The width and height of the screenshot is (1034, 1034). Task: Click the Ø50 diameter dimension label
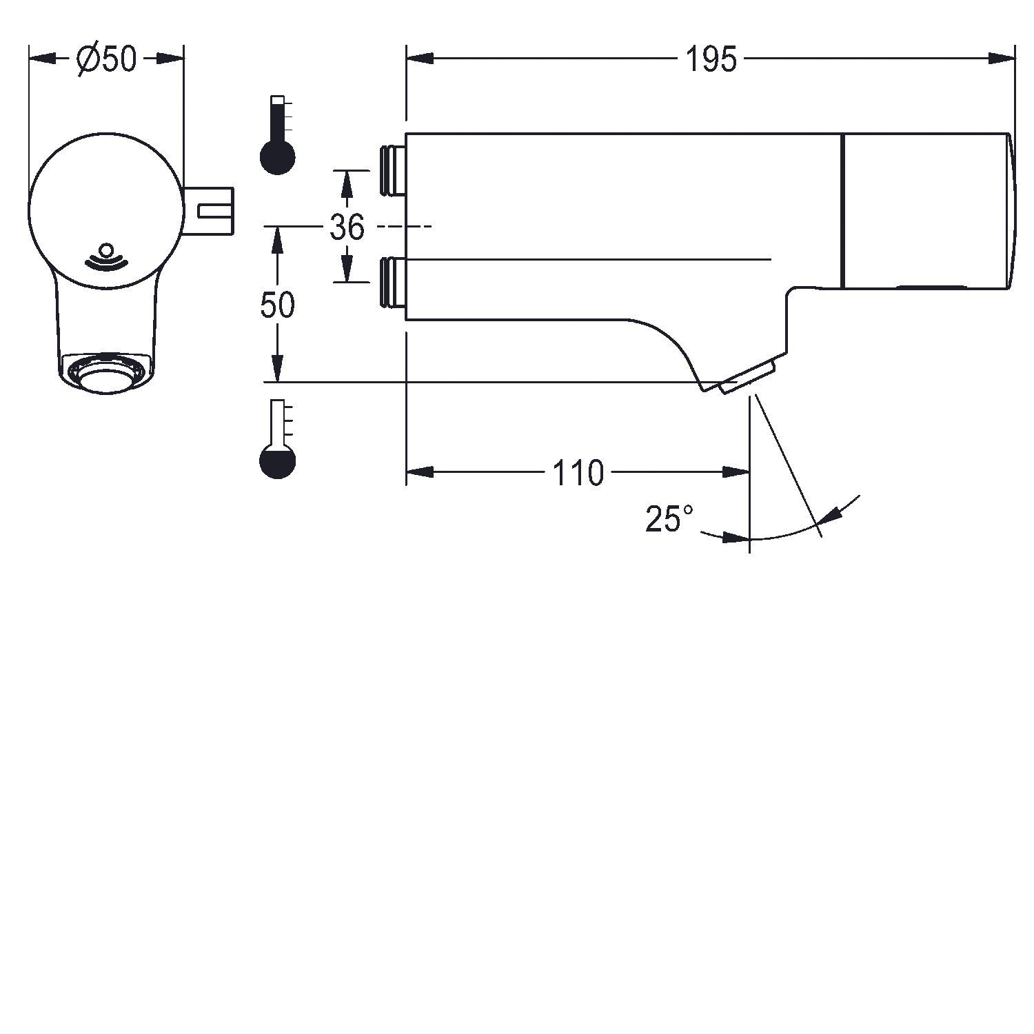107,59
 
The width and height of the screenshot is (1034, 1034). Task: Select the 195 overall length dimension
711,60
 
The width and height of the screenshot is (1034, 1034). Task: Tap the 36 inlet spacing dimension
347,226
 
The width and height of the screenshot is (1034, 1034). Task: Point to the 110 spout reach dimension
578,473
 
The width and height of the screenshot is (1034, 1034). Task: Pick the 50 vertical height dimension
277,305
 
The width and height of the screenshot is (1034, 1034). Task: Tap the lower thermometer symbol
277,439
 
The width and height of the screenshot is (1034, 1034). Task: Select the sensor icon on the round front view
106,255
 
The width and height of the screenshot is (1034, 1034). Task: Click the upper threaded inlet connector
392,170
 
